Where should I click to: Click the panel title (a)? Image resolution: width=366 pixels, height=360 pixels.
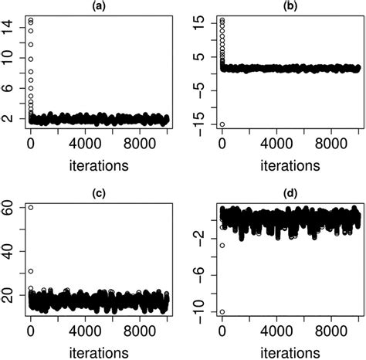point(97,5)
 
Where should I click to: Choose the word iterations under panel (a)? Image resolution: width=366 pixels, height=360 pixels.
point(97,165)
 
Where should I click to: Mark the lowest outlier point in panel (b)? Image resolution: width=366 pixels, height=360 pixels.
point(222,124)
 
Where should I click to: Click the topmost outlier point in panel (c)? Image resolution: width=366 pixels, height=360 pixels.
point(31,208)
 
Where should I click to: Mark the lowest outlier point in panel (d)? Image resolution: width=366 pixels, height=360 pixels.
point(222,312)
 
